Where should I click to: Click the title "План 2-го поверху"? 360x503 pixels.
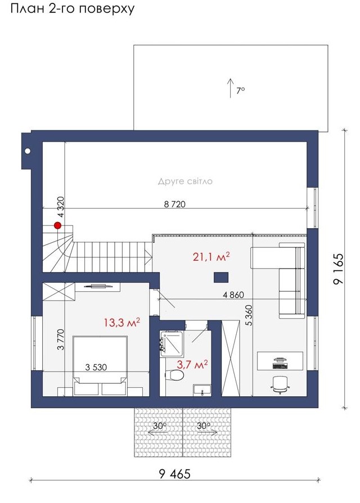[73, 8]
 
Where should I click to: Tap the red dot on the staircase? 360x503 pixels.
[58, 225]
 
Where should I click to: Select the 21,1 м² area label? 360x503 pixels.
[211, 257]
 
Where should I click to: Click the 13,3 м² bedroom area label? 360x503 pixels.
[121, 323]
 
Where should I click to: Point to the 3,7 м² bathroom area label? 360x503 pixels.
[192, 364]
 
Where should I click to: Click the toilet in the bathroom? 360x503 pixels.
[175, 374]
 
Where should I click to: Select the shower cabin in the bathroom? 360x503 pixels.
[171, 343]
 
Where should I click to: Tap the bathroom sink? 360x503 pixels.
[202, 390]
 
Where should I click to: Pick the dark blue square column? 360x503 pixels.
[221, 277]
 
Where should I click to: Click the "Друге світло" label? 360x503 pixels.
[185, 182]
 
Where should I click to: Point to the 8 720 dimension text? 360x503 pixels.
[175, 204]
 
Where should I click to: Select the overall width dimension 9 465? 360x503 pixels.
[175, 473]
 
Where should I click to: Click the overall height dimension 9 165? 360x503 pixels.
[338, 269]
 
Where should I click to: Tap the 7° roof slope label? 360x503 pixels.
[241, 91]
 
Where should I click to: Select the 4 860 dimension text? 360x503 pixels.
[233, 295]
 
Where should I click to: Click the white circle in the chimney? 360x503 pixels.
[28, 151]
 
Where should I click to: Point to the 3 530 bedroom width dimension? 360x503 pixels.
[96, 368]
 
